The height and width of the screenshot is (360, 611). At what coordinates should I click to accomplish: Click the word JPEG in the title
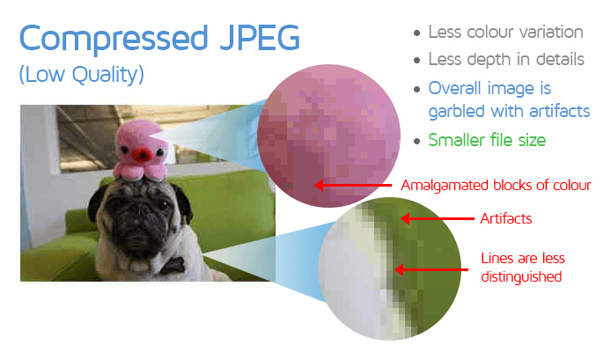tap(260, 38)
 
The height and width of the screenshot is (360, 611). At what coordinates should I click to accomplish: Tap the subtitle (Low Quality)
tap(82, 75)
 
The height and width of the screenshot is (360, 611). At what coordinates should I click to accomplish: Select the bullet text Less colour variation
tap(505, 32)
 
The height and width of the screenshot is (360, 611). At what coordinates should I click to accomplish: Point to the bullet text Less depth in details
tap(506, 60)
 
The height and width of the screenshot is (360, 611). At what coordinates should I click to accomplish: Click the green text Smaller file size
tap(487, 140)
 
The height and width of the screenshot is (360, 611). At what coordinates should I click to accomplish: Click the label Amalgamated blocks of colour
tap(496, 185)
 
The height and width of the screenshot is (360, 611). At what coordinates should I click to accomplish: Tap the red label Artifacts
tap(505, 218)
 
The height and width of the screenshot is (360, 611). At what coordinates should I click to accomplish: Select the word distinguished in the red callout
tap(521, 276)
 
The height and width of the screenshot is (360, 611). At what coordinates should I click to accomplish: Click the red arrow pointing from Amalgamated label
tap(353, 186)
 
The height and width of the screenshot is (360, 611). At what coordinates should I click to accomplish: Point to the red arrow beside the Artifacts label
tap(438, 218)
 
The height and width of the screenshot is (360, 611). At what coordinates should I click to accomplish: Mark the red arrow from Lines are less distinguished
tap(431, 269)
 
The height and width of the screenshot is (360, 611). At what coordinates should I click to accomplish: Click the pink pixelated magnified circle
tap(328, 136)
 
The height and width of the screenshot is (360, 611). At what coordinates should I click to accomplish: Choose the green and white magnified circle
tap(390, 268)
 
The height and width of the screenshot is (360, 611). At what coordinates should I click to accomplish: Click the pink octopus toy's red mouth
tap(143, 156)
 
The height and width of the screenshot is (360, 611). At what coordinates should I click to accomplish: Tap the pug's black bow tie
tap(172, 265)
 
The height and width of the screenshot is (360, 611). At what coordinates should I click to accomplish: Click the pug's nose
tap(136, 223)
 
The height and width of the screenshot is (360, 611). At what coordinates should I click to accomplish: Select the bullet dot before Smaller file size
tap(417, 141)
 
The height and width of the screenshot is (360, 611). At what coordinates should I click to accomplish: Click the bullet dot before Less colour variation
tap(417, 33)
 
